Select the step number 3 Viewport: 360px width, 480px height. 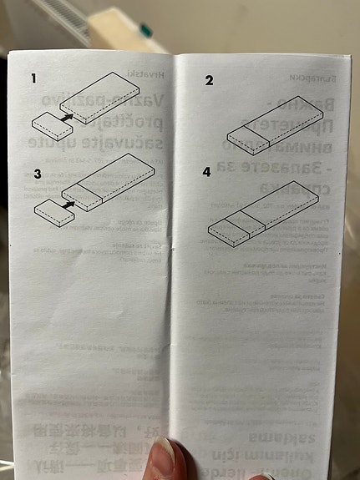tap(37, 174)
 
